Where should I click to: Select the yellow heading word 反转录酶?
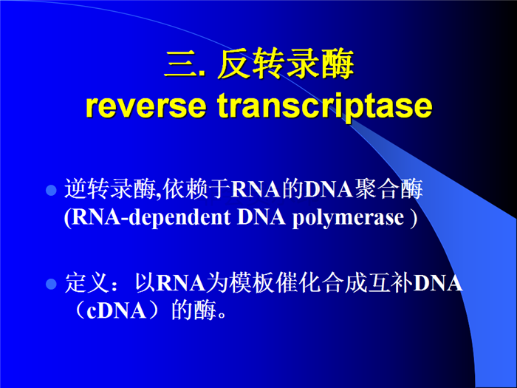[x=286, y=64]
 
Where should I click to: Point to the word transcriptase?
[x=325, y=106]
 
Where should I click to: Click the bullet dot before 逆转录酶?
[x=52, y=191]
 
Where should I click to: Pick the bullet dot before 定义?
[x=52, y=284]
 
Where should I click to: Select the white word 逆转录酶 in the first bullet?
[x=110, y=189]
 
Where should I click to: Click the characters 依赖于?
[x=196, y=189]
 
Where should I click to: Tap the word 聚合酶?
[x=388, y=189]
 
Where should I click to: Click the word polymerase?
[x=348, y=219]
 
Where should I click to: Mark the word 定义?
[x=87, y=283]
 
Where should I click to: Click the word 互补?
[x=391, y=283]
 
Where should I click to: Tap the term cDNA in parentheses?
[x=117, y=311]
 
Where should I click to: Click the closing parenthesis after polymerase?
[x=413, y=219]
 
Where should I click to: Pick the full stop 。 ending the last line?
[x=222, y=316]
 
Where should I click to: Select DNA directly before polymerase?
[x=261, y=217]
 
